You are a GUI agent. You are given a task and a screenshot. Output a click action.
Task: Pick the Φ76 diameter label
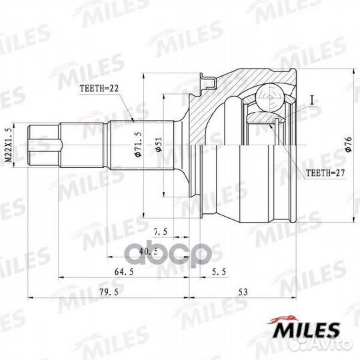coord(347,145)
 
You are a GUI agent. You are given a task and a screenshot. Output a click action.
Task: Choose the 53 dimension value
coord(243,293)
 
